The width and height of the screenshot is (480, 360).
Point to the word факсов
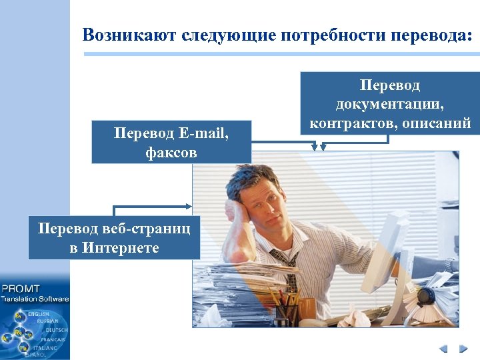(171, 153)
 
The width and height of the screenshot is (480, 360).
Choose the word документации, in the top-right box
(390, 105)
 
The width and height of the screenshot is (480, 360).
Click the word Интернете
(122, 248)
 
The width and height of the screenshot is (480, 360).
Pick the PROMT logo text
(21, 289)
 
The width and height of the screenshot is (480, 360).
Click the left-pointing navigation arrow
(443, 348)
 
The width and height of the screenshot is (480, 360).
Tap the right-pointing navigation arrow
(463, 348)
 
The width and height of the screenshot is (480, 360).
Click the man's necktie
(287, 273)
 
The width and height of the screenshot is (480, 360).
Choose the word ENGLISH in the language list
(39, 313)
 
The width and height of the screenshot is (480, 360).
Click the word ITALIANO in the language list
(46, 347)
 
